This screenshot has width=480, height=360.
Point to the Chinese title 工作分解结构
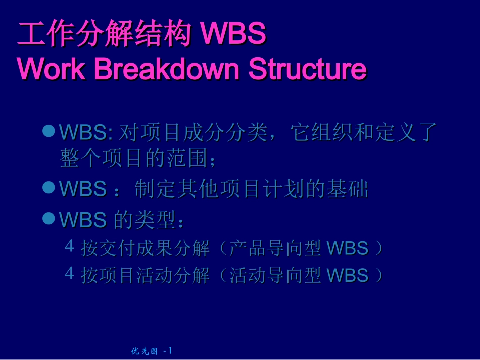[x=104, y=35]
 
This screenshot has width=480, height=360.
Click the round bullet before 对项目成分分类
[x=49, y=131]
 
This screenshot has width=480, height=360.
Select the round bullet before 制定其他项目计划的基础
[x=49, y=188]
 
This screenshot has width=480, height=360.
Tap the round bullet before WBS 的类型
[x=49, y=218]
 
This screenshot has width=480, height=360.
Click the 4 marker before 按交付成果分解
[x=70, y=246]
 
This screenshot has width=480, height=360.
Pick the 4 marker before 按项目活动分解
[x=70, y=273]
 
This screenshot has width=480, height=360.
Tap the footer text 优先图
[x=144, y=351]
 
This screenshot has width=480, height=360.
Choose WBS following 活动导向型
[x=348, y=275]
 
